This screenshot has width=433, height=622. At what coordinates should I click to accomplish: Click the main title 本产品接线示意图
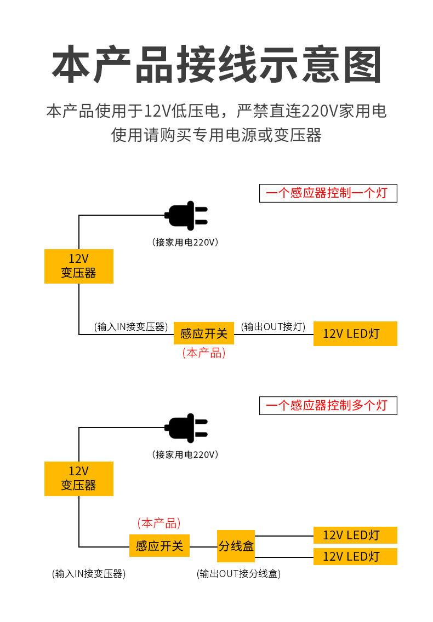tap(216, 64)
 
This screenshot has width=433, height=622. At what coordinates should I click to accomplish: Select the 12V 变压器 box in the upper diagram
tap(79, 266)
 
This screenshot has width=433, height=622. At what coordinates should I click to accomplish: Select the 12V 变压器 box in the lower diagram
tap(79, 479)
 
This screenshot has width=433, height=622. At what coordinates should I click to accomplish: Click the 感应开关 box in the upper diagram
tap(204, 333)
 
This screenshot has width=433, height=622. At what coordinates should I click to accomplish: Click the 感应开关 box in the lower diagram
tap(159, 546)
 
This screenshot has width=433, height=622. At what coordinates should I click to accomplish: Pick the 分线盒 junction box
tap(236, 546)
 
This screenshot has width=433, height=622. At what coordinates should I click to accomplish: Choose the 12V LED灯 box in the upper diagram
tap(355, 333)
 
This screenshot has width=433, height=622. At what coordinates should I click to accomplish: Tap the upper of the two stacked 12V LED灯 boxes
tap(355, 535)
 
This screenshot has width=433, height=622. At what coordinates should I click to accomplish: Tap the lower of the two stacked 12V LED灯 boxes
tap(355, 556)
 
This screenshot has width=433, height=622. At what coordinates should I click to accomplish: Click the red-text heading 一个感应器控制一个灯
tap(328, 193)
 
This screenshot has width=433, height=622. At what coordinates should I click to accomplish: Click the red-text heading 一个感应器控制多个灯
tap(328, 405)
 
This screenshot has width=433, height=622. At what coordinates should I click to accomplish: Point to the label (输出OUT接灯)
tap(273, 327)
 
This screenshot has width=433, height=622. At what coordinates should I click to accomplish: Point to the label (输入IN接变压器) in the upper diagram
tap(131, 327)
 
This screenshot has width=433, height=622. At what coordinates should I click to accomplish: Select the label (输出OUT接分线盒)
tap(239, 574)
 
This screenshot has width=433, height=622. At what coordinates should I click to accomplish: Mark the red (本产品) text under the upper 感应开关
tap(204, 353)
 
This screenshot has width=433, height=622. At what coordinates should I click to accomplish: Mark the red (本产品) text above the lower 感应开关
tap(159, 523)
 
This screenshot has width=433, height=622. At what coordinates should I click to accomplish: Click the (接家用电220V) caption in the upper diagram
tap(185, 243)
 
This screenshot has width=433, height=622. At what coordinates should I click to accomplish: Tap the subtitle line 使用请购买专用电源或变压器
tap(216, 135)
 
